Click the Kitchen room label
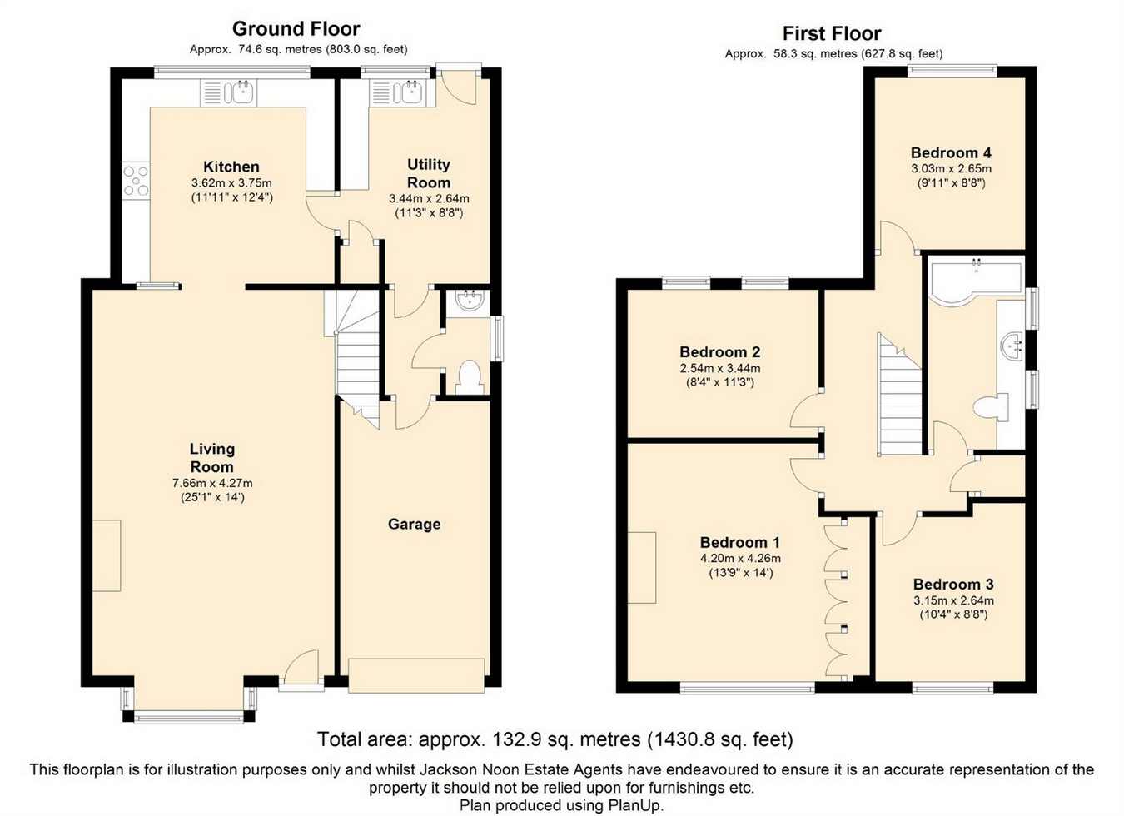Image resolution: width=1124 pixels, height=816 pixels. tap(231, 167)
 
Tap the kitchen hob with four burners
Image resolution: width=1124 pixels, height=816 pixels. tap(136, 180)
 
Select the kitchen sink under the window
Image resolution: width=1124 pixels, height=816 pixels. tap(228, 93)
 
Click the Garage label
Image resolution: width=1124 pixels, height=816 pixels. tap(414, 524)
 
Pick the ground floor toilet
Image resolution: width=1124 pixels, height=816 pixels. tap(469, 377)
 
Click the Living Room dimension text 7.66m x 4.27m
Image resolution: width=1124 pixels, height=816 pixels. tap(212, 483)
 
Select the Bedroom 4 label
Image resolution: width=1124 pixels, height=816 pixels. tap(951, 152)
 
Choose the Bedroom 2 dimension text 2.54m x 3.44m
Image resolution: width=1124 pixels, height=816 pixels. tap(720, 368)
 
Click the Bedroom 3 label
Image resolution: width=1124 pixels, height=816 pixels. tap(953, 584)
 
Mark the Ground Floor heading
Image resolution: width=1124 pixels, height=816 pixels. tap(296, 29)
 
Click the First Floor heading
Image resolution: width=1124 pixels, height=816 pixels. tap(832, 33)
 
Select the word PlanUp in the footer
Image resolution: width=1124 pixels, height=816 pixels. tap(636, 805)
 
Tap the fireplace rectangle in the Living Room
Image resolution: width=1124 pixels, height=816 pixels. tap(107, 555)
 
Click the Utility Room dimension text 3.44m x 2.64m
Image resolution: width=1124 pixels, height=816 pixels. tap(429, 198)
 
